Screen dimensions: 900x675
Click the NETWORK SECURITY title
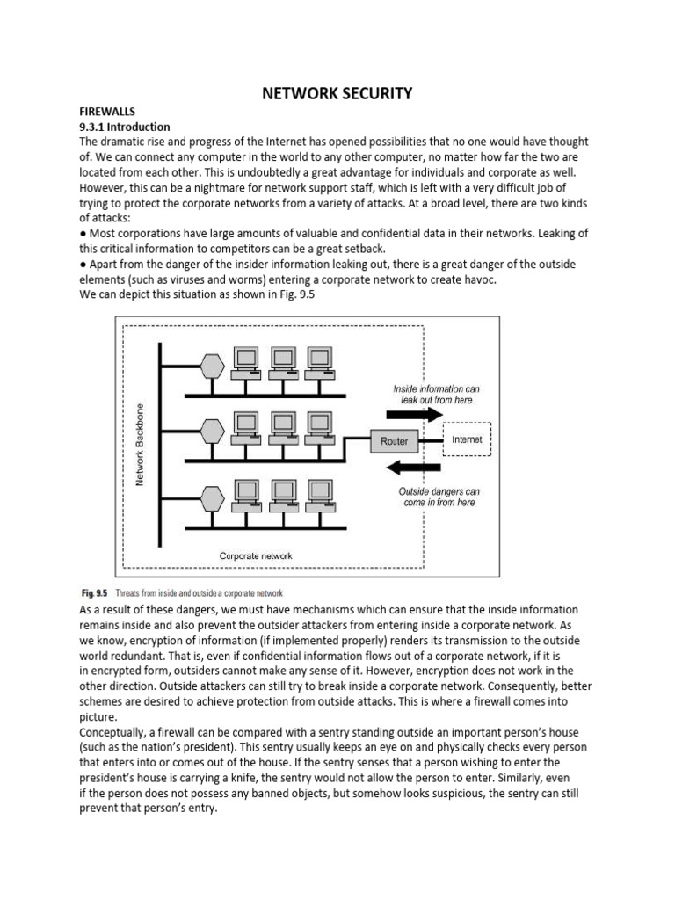coord(337,93)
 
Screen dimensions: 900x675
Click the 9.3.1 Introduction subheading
coord(125,127)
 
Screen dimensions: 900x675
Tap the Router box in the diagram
coord(394,440)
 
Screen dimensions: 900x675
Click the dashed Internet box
coord(466,439)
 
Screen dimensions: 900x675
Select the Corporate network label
coord(255,555)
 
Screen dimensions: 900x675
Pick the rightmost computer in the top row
coord(320,361)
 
